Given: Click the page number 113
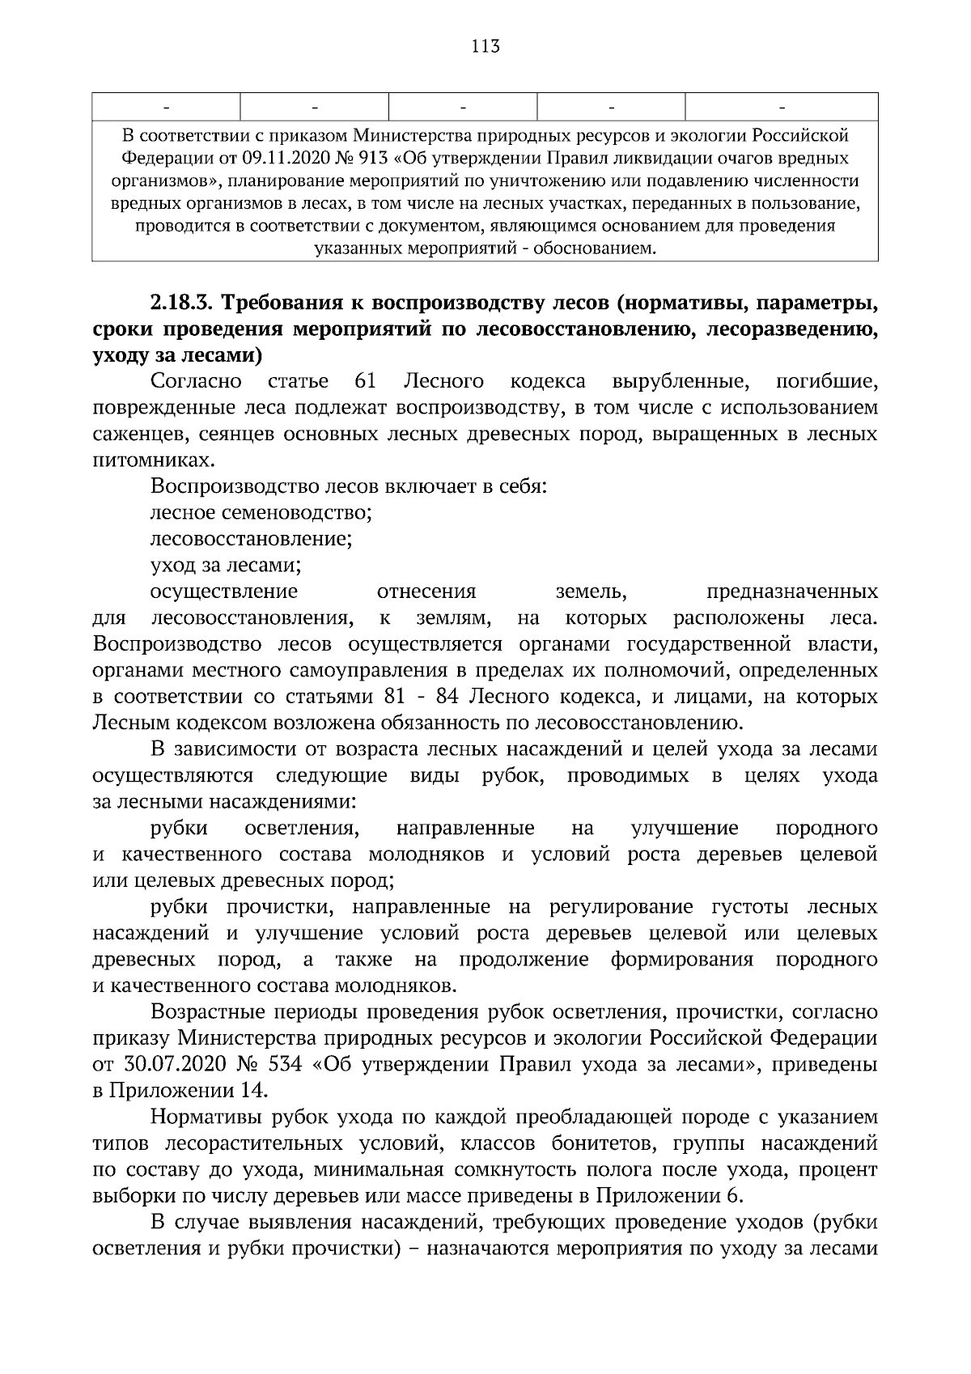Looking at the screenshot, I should (x=485, y=46).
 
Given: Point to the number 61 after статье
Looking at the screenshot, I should (x=366, y=381).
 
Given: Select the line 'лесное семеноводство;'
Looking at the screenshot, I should (x=261, y=513).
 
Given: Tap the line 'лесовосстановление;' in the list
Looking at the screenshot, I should (x=251, y=539).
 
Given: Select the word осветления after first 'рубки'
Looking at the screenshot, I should (x=301, y=828).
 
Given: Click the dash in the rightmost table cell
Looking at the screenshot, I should (x=782, y=106).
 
